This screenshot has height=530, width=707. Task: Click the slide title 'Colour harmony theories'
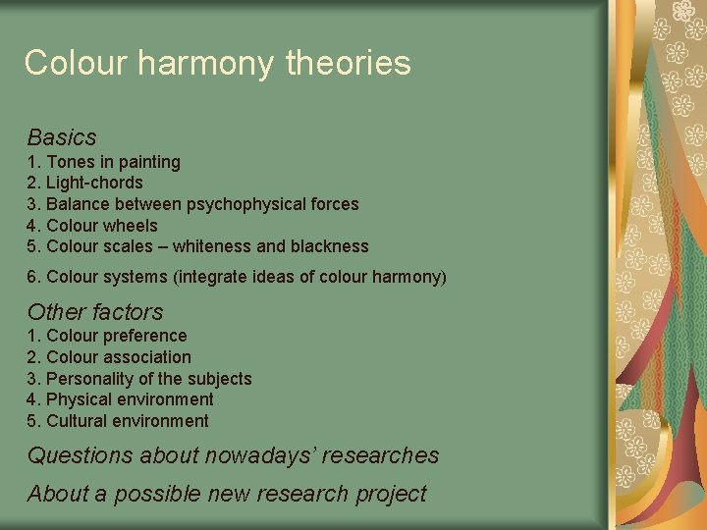tap(217, 63)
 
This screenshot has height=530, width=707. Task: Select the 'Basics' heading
tap(62, 136)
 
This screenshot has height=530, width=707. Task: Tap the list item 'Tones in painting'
tap(113, 162)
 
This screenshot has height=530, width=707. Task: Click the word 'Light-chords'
tap(94, 183)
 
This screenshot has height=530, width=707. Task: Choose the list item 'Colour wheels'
tap(101, 226)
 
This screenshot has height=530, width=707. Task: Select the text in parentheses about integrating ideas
tap(309, 277)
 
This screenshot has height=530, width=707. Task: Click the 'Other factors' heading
tap(95, 312)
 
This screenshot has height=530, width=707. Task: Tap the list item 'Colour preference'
tap(116, 336)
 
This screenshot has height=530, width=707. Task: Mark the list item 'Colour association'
tap(118, 357)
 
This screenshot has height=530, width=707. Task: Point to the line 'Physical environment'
tap(130, 399)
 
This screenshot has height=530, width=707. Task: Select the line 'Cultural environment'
tap(128, 421)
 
